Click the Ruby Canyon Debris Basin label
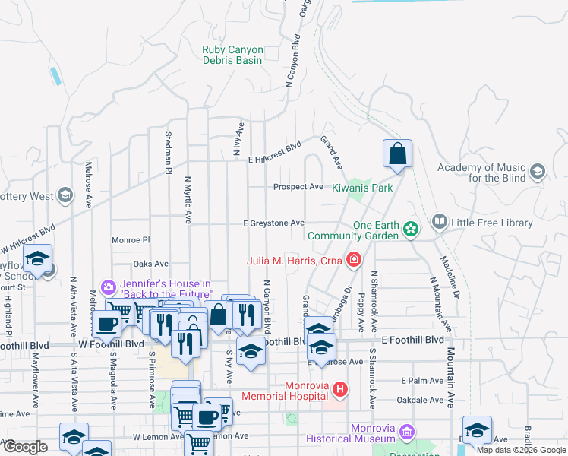tap(232, 55)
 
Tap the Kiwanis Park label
tap(362, 187)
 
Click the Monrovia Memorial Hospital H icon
tap(340, 390)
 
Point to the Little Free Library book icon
tap(439, 223)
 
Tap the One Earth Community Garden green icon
tap(410, 228)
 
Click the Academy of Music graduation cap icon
tap(538, 171)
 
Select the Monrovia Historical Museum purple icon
tap(407, 432)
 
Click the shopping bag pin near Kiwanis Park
tap(397, 154)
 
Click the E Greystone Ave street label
tap(273, 223)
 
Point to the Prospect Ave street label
tap(298, 187)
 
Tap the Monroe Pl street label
tap(131, 239)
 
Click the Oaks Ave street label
tap(150, 264)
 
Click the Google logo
tap(26, 448)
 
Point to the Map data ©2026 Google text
tap(521, 450)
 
